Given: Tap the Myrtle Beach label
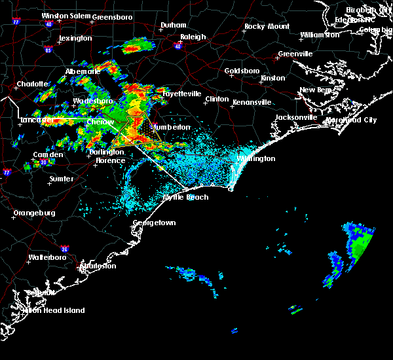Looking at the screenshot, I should (x=185, y=197).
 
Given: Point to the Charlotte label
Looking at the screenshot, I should (x=33, y=84).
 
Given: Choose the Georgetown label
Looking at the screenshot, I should (x=155, y=223).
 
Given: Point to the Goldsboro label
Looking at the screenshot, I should (x=242, y=71).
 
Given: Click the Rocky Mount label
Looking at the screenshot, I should (x=267, y=27).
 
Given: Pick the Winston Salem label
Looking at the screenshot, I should (x=65, y=16).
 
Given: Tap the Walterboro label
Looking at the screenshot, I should (x=50, y=258).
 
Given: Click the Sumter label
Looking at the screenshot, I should (x=61, y=178).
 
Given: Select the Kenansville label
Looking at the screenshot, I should (x=252, y=102).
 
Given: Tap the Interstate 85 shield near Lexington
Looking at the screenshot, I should (x=48, y=49).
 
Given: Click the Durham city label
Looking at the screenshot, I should (x=174, y=26).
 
